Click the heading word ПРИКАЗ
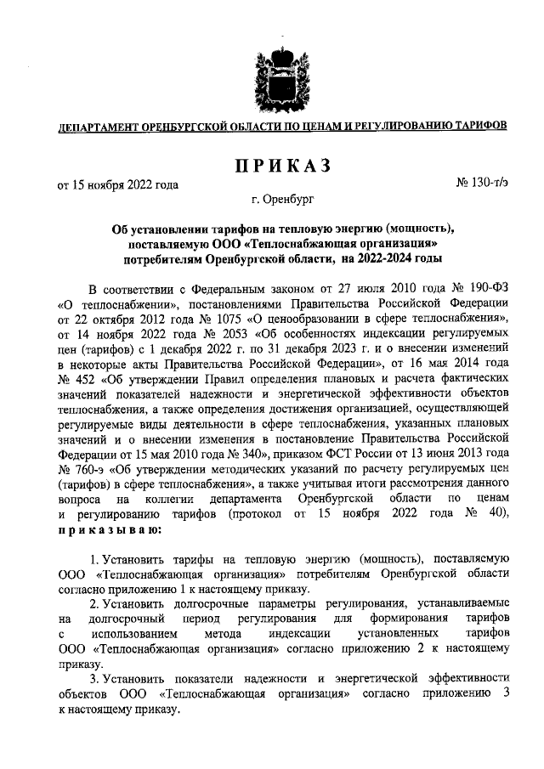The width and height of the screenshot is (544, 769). pyautogui.click(x=282, y=164)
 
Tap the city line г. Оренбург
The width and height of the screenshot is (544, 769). pyautogui.click(x=282, y=201)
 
